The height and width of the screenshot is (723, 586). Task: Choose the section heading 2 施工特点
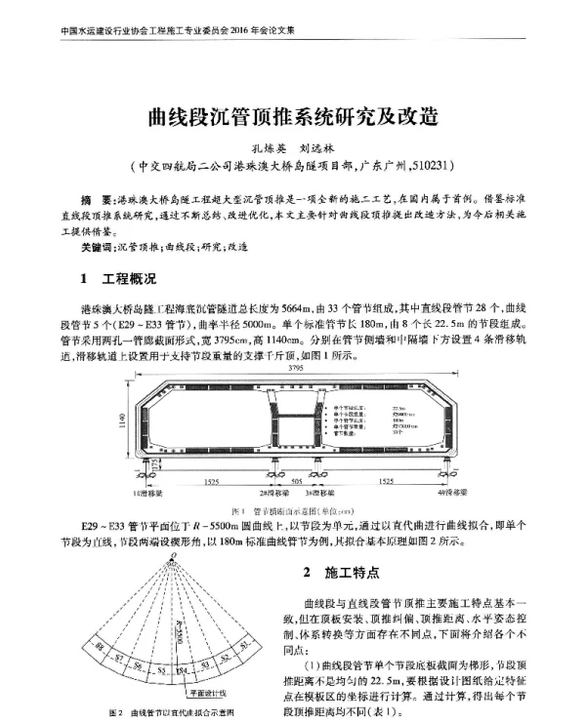pos(339,572)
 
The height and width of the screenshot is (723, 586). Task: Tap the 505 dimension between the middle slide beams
pos(296,482)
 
